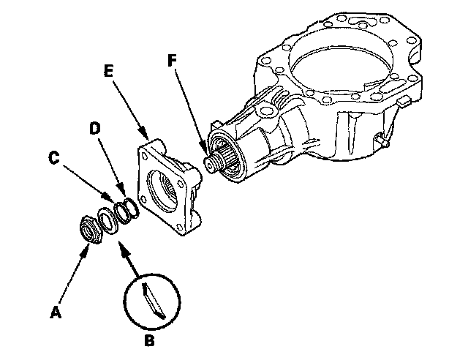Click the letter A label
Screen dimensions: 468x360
56,313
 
